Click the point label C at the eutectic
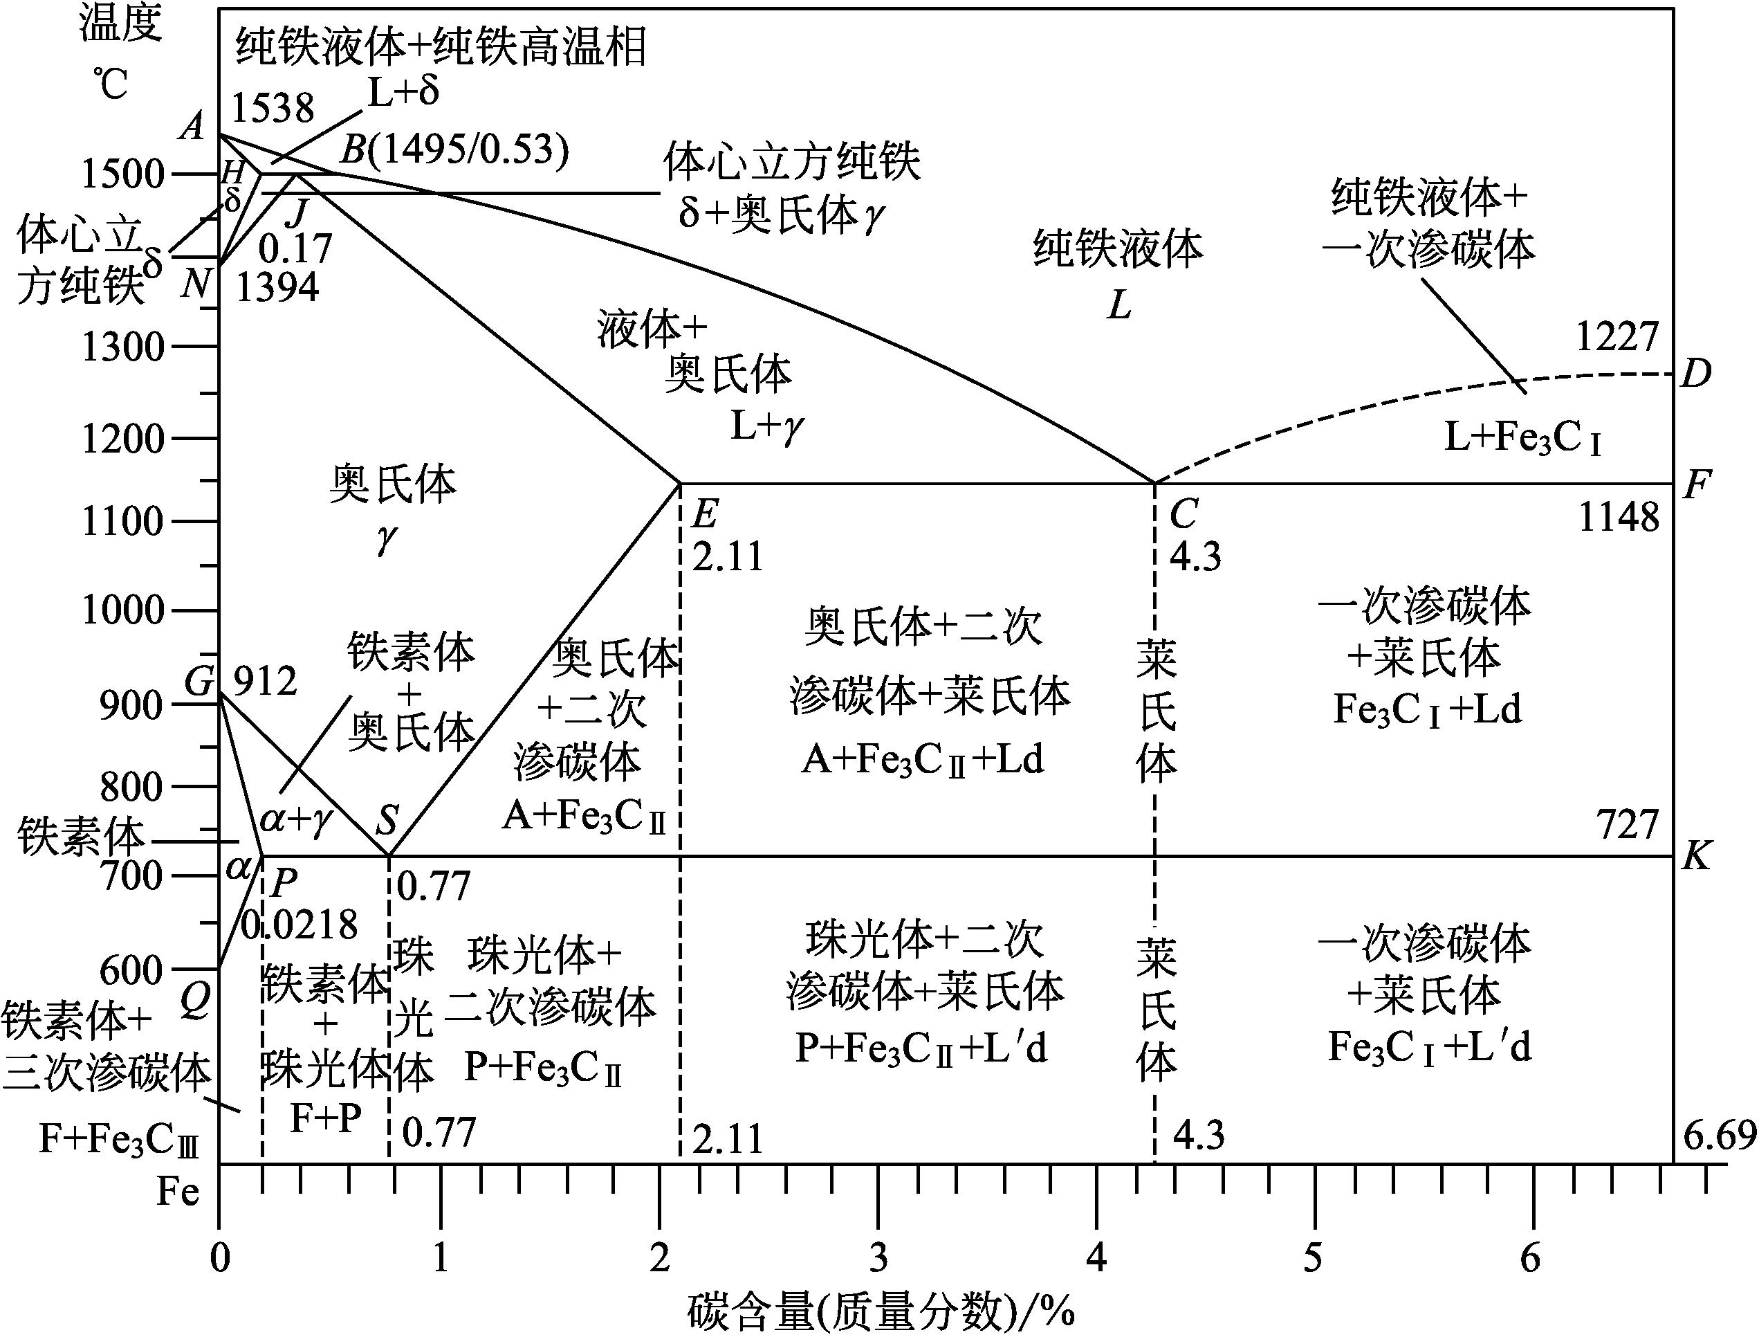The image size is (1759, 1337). click(1184, 514)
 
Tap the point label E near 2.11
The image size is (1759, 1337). click(706, 514)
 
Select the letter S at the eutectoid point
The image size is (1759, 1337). click(387, 819)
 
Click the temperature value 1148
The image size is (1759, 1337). click(1618, 518)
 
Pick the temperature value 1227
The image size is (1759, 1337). click(1617, 338)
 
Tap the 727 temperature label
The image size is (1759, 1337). click(1627, 826)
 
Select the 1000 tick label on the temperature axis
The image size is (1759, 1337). click(123, 610)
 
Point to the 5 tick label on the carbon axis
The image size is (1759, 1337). click(1313, 1258)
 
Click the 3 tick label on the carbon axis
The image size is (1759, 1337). click(878, 1258)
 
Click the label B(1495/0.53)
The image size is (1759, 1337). click(455, 149)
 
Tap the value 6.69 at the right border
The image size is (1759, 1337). click(1719, 1135)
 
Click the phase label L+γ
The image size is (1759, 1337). click(767, 428)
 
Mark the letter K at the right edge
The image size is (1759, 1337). click(1695, 857)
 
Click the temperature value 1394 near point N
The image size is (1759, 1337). click(277, 287)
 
